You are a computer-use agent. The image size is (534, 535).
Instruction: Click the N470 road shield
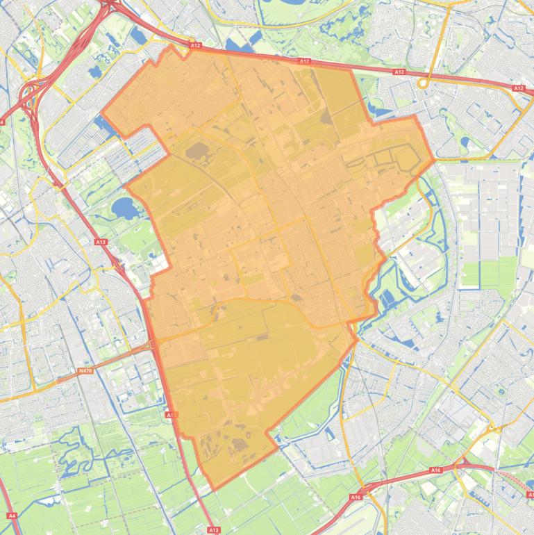(x=85, y=372)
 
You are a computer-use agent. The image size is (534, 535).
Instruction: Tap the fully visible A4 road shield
(x=11, y=516)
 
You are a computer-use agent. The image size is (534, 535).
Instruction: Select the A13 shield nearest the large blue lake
(x=101, y=242)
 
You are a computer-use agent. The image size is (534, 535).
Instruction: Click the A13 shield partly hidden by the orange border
(x=170, y=414)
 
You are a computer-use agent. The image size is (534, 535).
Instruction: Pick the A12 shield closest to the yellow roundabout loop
(x=399, y=72)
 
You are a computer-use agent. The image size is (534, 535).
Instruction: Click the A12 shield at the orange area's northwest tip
(x=195, y=46)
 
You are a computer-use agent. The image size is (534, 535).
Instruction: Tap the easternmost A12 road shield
(x=518, y=88)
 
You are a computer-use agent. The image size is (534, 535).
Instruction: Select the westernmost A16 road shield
(x=356, y=497)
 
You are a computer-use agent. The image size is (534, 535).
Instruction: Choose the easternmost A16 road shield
(x=435, y=470)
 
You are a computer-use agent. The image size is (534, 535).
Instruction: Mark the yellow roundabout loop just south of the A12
(x=423, y=83)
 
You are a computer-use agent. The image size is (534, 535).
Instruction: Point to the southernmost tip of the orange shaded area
(x=212, y=488)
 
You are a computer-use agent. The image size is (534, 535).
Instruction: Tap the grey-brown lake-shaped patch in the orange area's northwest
(x=197, y=150)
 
